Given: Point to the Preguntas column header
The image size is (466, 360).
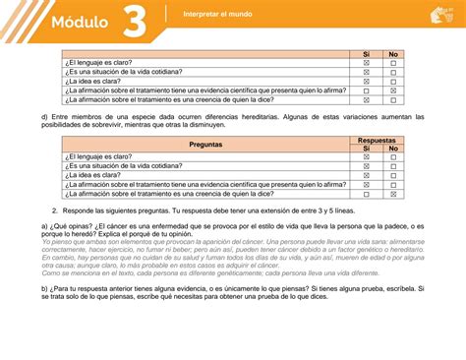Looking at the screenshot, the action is click(205, 144).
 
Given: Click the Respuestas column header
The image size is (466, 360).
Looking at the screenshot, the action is click(379, 139).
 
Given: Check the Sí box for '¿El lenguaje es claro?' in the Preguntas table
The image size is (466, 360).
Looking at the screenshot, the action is click(366, 156).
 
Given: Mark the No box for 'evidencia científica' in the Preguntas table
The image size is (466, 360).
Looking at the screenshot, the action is click(393, 184).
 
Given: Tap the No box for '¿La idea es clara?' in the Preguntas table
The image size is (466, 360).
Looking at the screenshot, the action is click(393, 175).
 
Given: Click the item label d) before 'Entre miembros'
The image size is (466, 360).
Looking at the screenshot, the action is click(44, 116).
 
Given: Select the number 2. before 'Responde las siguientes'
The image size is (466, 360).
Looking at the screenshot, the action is click(54, 210).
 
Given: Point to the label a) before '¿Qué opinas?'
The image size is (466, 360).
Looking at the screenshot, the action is click(44, 225).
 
